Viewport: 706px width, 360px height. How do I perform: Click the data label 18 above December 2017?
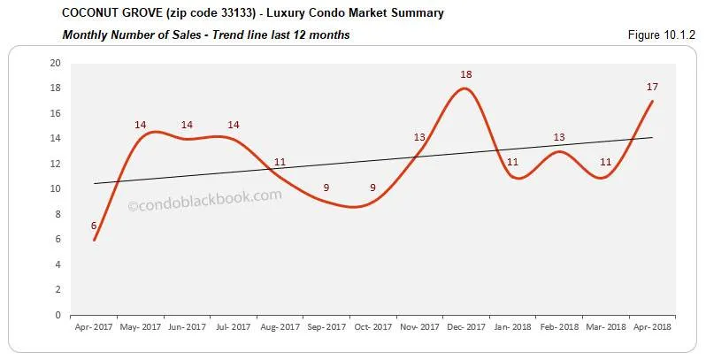pyautogui.click(x=466, y=74)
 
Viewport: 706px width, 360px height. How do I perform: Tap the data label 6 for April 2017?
pyautogui.click(x=94, y=226)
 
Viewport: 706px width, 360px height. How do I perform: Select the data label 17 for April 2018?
pyautogui.click(x=651, y=87)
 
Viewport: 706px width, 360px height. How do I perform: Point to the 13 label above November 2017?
pyautogui.click(x=419, y=137)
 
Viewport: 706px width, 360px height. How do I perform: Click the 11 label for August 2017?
pyautogui.click(x=280, y=162)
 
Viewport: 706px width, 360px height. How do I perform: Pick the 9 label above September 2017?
pyautogui.click(x=326, y=188)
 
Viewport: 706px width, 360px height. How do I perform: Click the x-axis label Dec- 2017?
pyautogui.click(x=465, y=327)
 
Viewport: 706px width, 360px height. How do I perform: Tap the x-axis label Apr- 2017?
pyautogui.click(x=94, y=327)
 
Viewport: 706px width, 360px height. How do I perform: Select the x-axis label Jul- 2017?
pyautogui.click(x=233, y=327)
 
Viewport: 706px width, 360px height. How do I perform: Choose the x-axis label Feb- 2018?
pyautogui.click(x=558, y=327)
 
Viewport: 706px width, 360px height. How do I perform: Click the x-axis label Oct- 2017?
pyautogui.click(x=372, y=327)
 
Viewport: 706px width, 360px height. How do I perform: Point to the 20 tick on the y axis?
pyautogui.click(x=55, y=64)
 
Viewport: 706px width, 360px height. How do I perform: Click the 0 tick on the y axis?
pyautogui.click(x=58, y=315)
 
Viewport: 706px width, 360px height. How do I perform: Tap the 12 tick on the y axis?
pyautogui.click(x=55, y=164)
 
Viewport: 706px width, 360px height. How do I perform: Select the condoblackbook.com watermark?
pyautogui.click(x=205, y=201)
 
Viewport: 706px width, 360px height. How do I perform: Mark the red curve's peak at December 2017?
pyautogui.click(x=466, y=88)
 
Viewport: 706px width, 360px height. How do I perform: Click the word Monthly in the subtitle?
pyautogui.click(x=84, y=35)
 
